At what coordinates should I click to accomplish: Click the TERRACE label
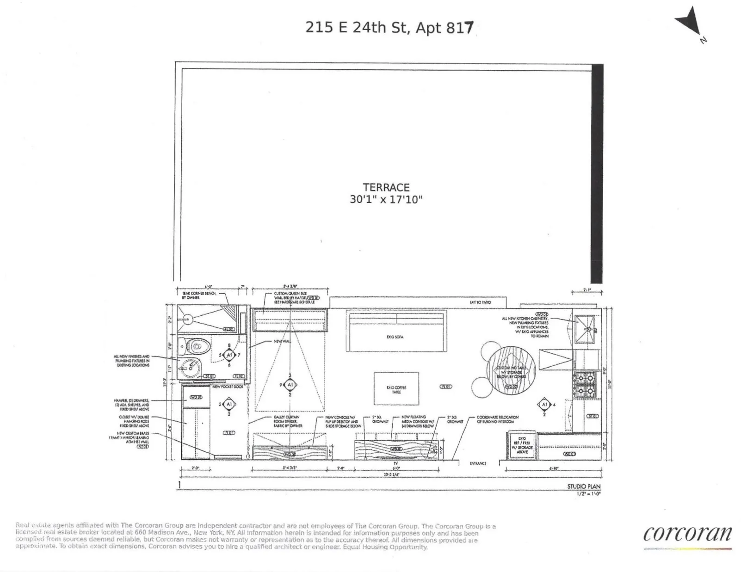coord(386,187)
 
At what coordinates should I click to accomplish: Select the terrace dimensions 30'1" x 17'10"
coord(386,200)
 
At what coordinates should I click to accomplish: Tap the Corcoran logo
coord(687,534)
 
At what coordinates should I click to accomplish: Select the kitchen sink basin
coord(587,329)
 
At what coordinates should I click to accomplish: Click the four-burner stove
coord(585,384)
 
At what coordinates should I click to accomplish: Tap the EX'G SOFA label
coord(395,337)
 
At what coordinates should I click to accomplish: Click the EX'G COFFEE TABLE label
coord(396,389)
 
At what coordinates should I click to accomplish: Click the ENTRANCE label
coord(478,463)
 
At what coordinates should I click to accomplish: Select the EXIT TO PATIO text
coord(480,302)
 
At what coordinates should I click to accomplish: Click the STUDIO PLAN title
coord(583,486)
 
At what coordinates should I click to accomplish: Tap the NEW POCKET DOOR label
coord(228,387)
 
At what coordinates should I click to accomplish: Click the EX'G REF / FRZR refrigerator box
coord(522,445)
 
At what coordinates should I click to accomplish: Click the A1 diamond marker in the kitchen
coord(544,405)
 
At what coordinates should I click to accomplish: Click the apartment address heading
coord(389,28)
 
